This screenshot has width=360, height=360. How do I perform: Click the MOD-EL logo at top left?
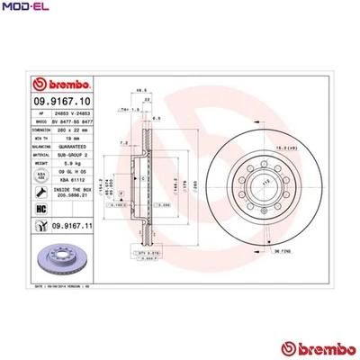[x=24, y=8]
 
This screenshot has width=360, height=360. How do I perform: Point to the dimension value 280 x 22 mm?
[x=72, y=129]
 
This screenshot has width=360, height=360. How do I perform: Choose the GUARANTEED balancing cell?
[x=72, y=145]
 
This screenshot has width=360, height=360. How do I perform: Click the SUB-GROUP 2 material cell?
[x=72, y=153]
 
